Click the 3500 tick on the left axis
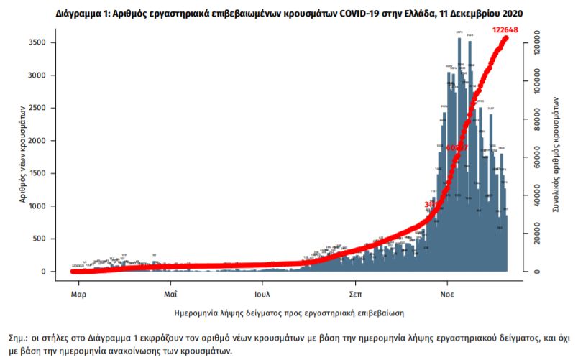coord(37,43)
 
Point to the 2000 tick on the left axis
coord(37,141)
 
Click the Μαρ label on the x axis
coord(78,294)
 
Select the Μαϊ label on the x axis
coord(170,294)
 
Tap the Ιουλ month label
coord(262,294)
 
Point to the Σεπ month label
coord(354,294)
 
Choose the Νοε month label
coord(446,294)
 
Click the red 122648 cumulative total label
coord(505,30)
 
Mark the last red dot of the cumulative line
coord(506,37)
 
